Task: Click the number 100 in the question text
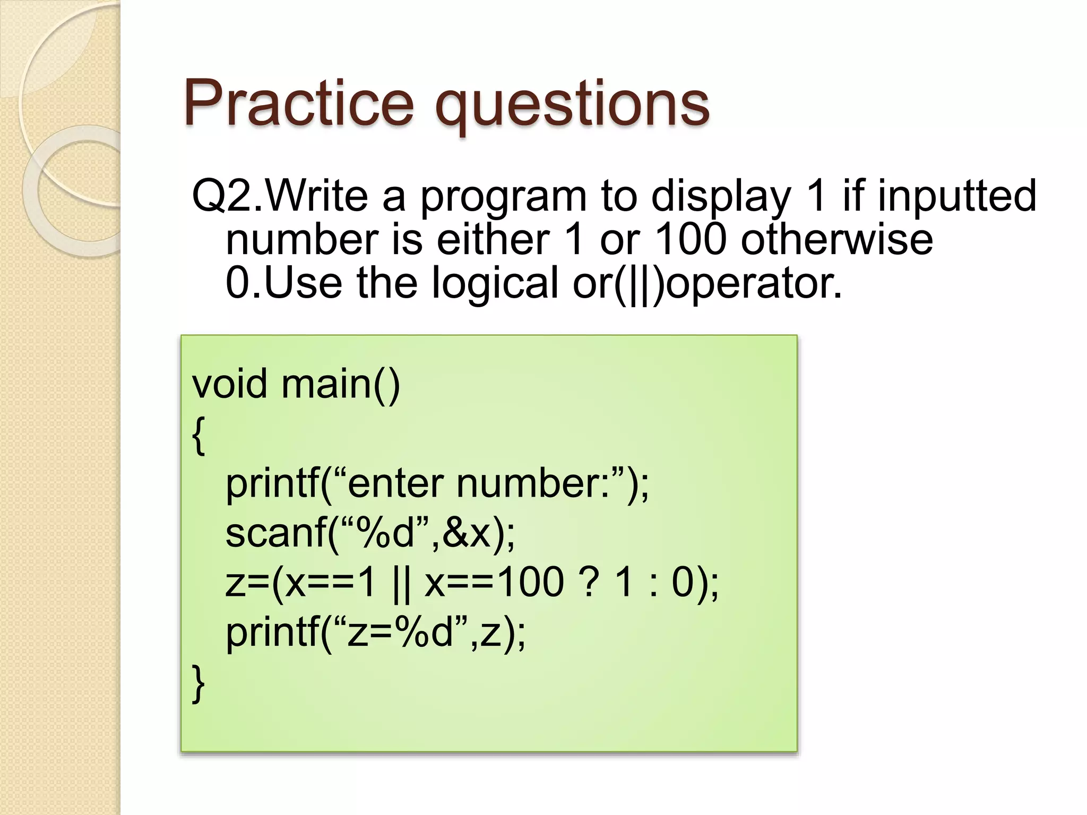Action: tap(691, 239)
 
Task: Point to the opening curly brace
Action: tap(199, 435)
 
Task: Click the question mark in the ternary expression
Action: tap(588, 582)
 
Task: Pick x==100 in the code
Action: tap(494, 582)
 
